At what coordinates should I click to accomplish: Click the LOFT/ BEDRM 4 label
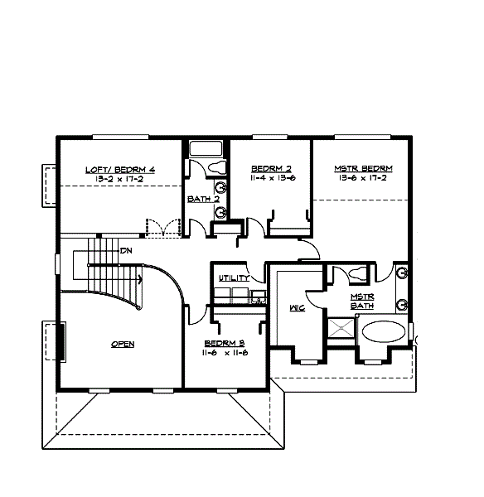[x=121, y=169]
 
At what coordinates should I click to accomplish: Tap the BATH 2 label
[x=202, y=199]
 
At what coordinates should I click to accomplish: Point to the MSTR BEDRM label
[x=363, y=168]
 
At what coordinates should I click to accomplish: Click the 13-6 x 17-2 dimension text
[x=363, y=178]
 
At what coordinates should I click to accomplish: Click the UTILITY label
[x=233, y=278]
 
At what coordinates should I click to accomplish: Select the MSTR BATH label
[x=361, y=301]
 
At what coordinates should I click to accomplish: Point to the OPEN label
[x=123, y=344]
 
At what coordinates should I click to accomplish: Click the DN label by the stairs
[x=127, y=250]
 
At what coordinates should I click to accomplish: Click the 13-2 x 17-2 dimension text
[x=121, y=178]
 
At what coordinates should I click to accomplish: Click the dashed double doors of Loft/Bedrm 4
[x=162, y=227]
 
